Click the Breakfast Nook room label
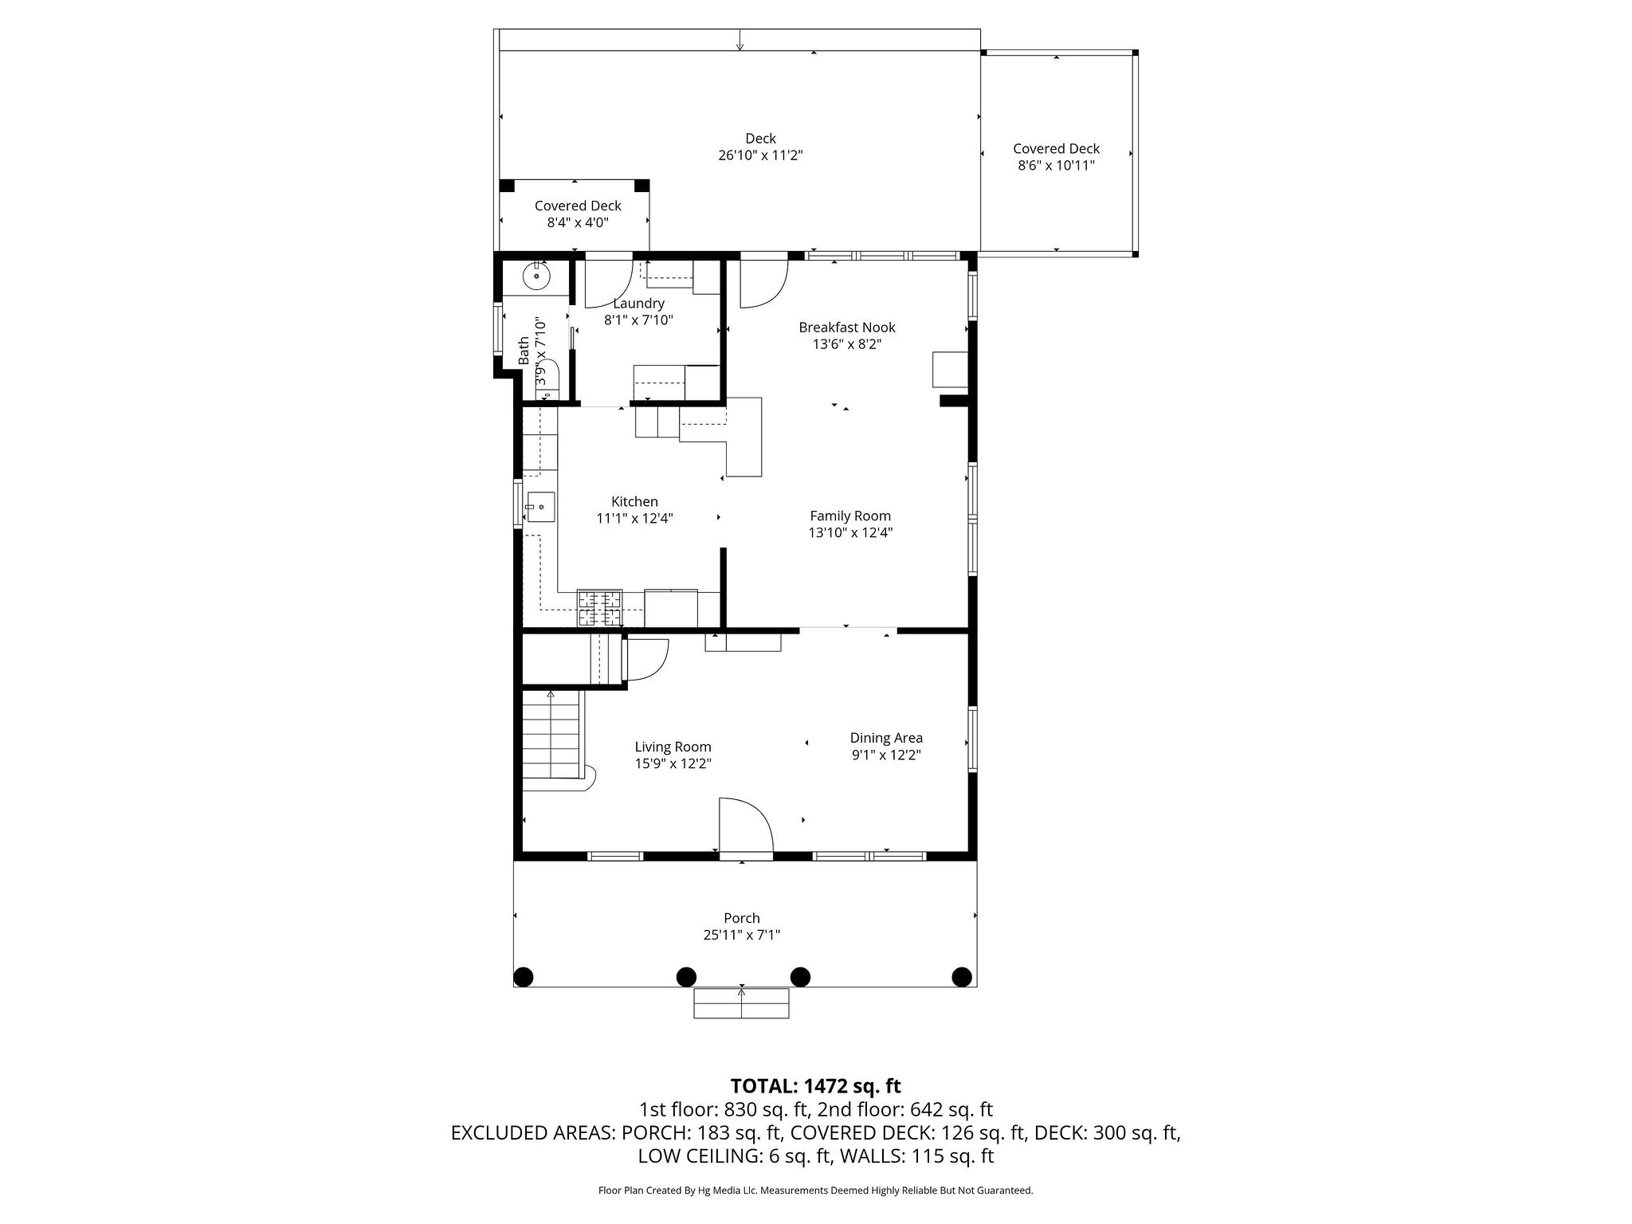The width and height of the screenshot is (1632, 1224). coord(847,328)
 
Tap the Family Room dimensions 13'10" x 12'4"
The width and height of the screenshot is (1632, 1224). coord(850,533)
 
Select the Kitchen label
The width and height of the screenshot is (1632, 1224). coord(634,501)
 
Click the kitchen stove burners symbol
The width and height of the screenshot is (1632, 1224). coord(599,608)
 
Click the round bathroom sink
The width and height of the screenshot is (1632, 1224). coord(537,277)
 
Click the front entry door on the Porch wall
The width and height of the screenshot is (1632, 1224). coord(746,829)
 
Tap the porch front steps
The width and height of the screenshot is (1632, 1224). coord(741,1003)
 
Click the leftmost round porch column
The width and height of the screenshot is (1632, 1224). coord(524,976)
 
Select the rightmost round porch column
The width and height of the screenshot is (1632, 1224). coord(962,976)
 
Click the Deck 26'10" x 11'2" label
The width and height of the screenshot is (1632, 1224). coord(760,147)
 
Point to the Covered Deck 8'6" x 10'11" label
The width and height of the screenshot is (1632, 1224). coord(1056,157)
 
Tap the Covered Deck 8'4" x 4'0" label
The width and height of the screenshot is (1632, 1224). coord(578,214)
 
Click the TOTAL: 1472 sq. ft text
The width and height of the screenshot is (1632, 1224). coord(815,1086)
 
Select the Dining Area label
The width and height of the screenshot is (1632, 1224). coord(886,738)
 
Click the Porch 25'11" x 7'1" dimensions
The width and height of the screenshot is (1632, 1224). coord(741,935)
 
